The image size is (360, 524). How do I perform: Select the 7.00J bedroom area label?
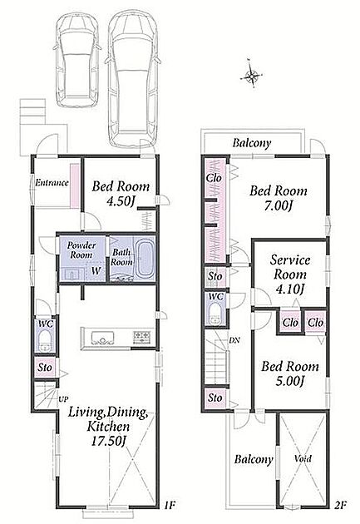coord(279,206)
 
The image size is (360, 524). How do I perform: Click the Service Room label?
coord(290,267)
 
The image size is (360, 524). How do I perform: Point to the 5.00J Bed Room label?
coord(290,373)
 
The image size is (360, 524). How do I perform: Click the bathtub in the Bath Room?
coord(145,259)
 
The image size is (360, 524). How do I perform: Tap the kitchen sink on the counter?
coord(103,338)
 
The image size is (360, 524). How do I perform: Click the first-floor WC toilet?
coord(44,340)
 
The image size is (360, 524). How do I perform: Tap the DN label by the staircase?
coord(234,340)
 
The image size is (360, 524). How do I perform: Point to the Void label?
coord(303,458)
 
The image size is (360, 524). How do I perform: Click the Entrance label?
coord(52,183)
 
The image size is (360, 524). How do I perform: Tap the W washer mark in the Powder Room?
coord(96,270)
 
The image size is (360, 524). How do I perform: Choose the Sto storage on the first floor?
coord(45,368)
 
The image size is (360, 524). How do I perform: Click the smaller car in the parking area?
coord(77,62)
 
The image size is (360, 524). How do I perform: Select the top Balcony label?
coord(252,143)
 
